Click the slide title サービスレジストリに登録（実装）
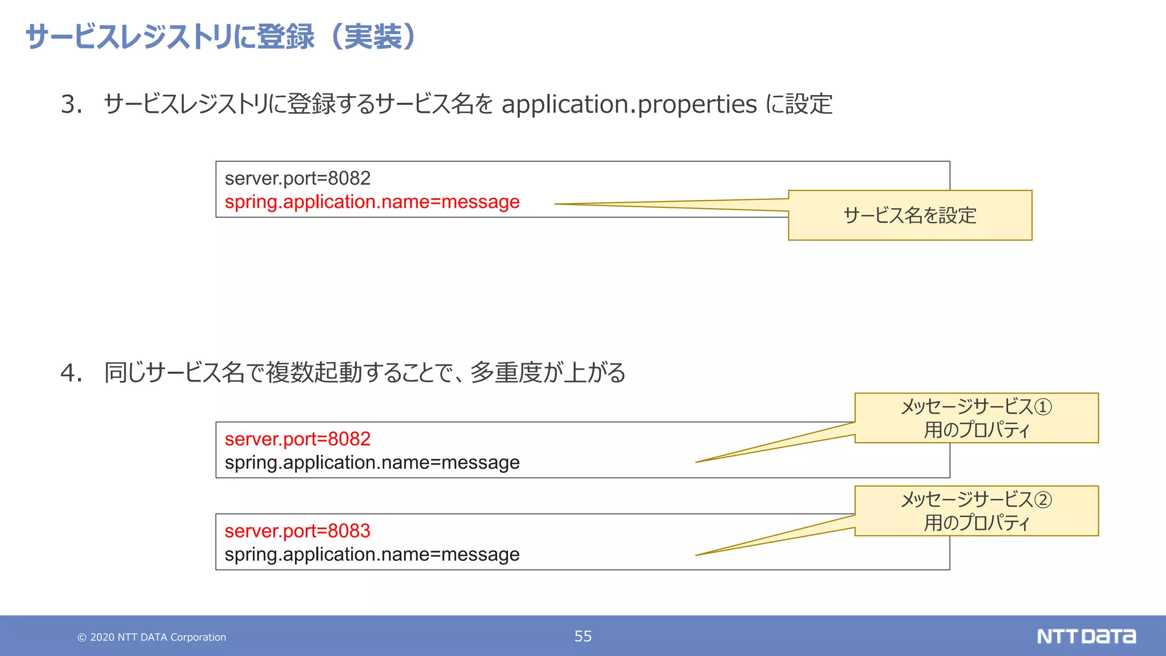[222, 37]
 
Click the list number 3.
[71, 105]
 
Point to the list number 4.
[71, 374]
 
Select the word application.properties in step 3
[629, 105]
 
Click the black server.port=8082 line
[297, 179]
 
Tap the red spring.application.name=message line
[372, 202]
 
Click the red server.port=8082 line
[297, 439]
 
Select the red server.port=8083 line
[297, 531]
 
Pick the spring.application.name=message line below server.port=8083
[372, 555]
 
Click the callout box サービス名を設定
[910, 216]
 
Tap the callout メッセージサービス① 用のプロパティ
[976, 418]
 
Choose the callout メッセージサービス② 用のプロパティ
[976, 511]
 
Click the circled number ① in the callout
[1043, 407]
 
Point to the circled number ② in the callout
[1043, 500]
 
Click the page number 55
[583, 636]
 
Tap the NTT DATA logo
[1086, 636]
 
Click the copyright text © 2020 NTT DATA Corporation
[151, 637]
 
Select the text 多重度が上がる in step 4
[548, 374]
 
